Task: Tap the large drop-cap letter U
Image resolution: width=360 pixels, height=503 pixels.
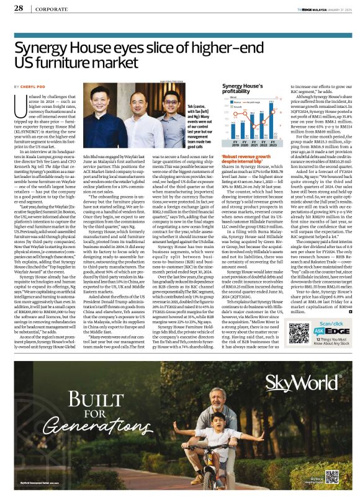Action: [x=21, y=104]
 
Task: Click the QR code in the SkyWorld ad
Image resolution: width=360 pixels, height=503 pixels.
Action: [x=333, y=476]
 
